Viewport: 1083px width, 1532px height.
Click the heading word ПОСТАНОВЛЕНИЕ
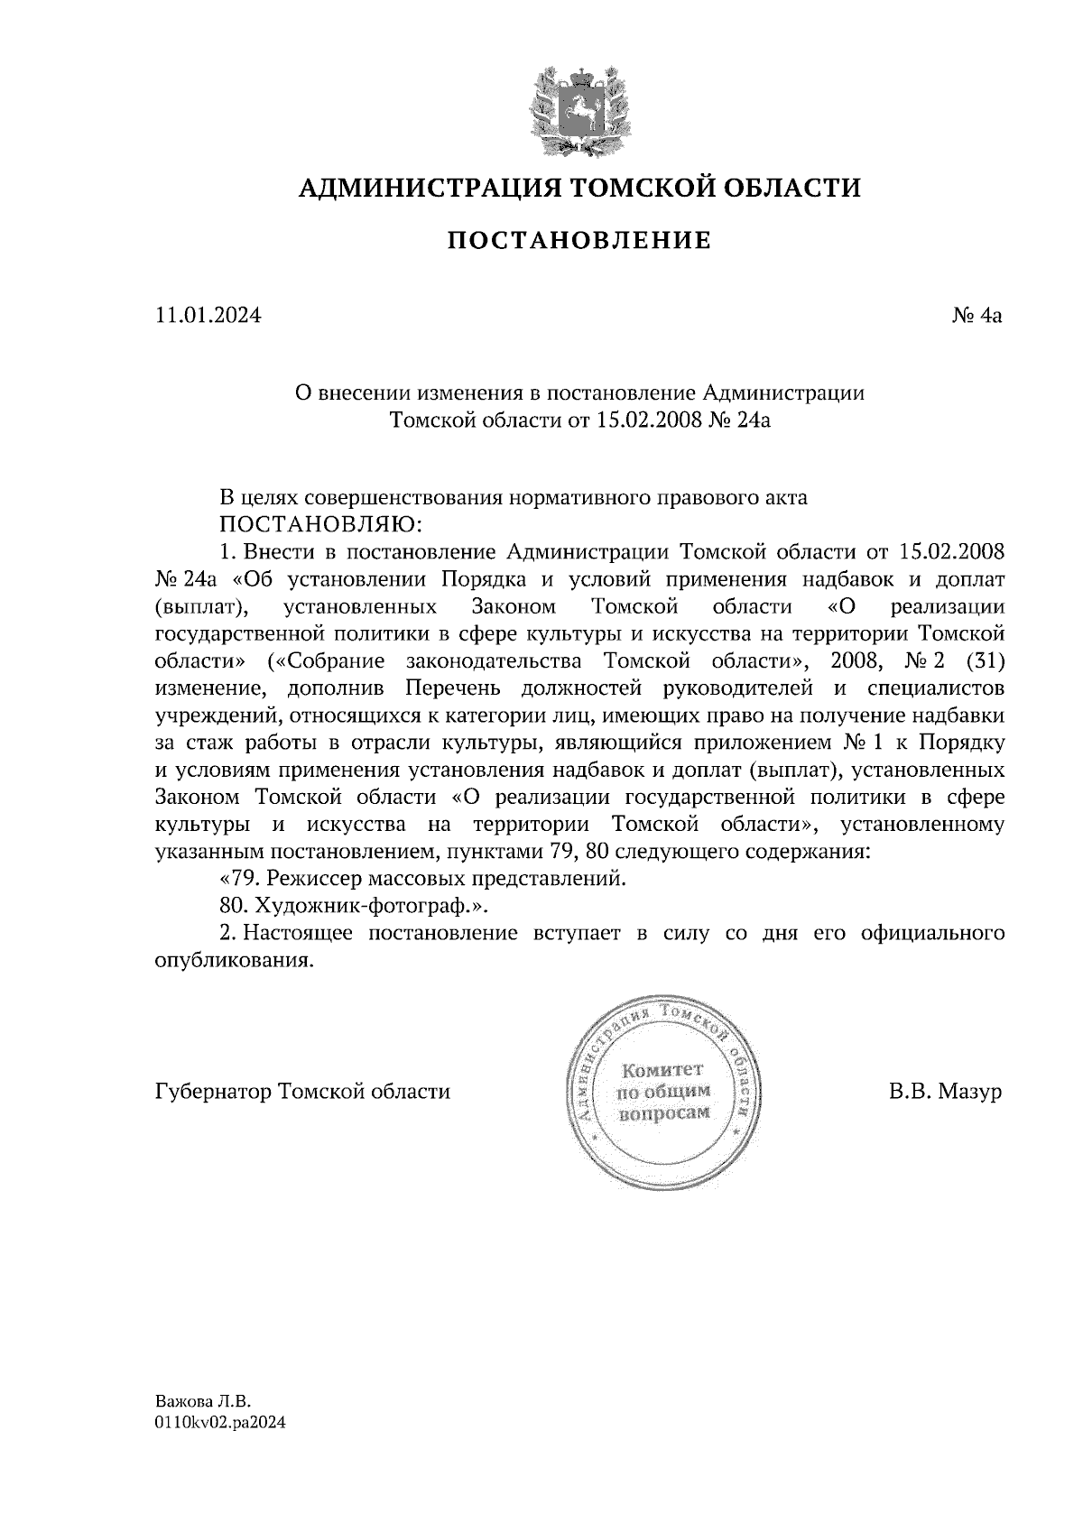(x=579, y=240)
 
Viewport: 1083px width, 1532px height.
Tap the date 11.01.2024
(x=208, y=316)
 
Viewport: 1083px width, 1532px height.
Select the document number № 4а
(x=977, y=316)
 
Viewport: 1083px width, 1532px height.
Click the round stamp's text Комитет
(x=663, y=1070)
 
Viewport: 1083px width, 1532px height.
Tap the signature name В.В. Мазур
(x=945, y=1091)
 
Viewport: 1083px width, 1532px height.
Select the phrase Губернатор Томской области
(x=302, y=1091)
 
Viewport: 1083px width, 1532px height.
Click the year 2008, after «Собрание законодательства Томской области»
(x=856, y=660)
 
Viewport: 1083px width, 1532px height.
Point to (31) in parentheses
(x=985, y=660)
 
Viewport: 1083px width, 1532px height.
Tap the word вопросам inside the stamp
(x=663, y=1113)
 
